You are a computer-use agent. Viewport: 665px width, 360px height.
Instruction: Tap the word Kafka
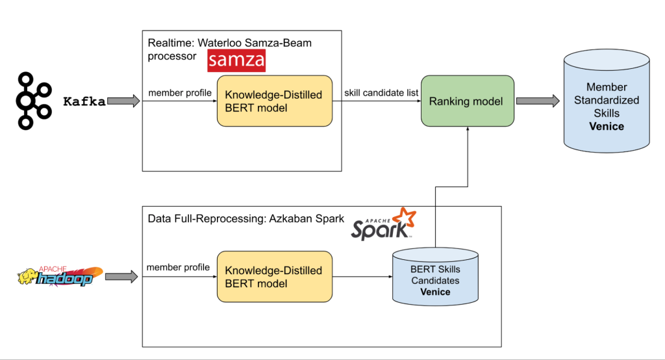tap(84, 101)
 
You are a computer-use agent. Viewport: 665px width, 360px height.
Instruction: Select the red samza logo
tap(236, 61)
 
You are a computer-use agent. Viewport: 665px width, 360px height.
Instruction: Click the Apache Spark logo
tap(384, 224)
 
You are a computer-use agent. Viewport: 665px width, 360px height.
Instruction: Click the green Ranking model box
tap(466, 101)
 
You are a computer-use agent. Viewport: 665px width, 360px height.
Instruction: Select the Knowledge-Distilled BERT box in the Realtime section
tap(274, 101)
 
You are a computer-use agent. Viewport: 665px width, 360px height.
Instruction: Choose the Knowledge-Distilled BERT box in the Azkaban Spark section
tap(274, 277)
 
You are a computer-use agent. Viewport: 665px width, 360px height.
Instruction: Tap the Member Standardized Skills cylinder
tap(606, 104)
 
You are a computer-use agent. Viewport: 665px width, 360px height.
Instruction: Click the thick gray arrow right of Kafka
tap(123, 101)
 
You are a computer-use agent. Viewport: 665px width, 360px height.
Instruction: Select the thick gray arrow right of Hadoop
tap(121, 277)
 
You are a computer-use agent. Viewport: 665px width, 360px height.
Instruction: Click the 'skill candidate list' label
tap(381, 93)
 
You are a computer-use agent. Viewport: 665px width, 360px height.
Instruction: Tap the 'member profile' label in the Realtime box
tap(180, 93)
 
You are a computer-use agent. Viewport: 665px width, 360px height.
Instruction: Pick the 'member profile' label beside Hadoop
tap(178, 267)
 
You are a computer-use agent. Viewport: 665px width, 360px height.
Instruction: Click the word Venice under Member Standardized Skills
tap(606, 126)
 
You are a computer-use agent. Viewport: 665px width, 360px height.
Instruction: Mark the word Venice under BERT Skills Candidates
tap(434, 292)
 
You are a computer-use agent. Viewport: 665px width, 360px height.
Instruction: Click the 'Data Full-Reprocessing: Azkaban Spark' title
tap(246, 218)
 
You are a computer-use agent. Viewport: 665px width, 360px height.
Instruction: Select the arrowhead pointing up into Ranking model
tap(466, 131)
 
